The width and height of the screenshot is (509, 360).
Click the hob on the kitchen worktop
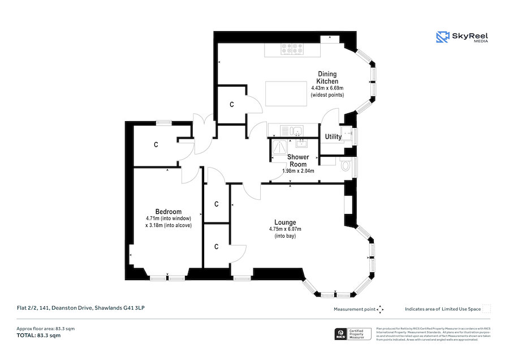[x=291, y=50]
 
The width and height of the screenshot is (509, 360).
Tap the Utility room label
[x=333, y=136]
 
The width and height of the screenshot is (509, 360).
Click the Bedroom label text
[x=169, y=212]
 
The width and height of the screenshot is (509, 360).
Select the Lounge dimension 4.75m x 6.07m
[x=285, y=229]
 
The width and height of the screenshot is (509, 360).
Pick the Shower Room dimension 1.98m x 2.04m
[x=298, y=170]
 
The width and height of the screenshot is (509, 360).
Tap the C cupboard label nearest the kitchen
[x=232, y=105]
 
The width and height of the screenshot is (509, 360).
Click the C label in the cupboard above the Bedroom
[x=156, y=145]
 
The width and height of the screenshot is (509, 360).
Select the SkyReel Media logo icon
[x=442, y=37]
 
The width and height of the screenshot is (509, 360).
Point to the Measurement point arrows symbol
[x=380, y=309]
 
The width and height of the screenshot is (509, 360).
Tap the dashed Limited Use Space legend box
[x=486, y=309]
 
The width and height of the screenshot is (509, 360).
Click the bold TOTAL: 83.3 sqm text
[x=38, y=336]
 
